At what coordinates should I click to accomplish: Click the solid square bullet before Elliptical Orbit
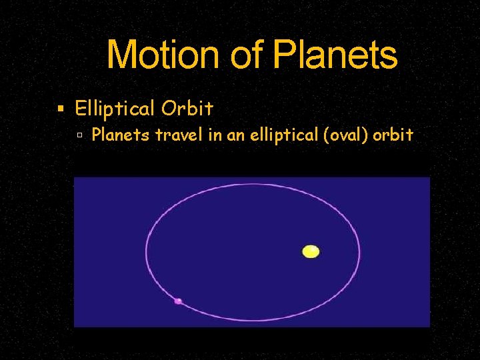(61, 109)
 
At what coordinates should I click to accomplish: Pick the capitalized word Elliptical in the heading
(113, 108)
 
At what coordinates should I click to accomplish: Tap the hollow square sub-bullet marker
(79, 135)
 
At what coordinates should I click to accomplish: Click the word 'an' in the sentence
(236, 135)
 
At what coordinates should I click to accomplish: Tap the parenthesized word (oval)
(345, 135)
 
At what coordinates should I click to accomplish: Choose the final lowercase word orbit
(393, 135)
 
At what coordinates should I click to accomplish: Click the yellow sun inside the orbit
(311, 251)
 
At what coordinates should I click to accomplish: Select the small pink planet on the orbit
(178, 301)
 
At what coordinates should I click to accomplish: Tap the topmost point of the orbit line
(253, 183)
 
